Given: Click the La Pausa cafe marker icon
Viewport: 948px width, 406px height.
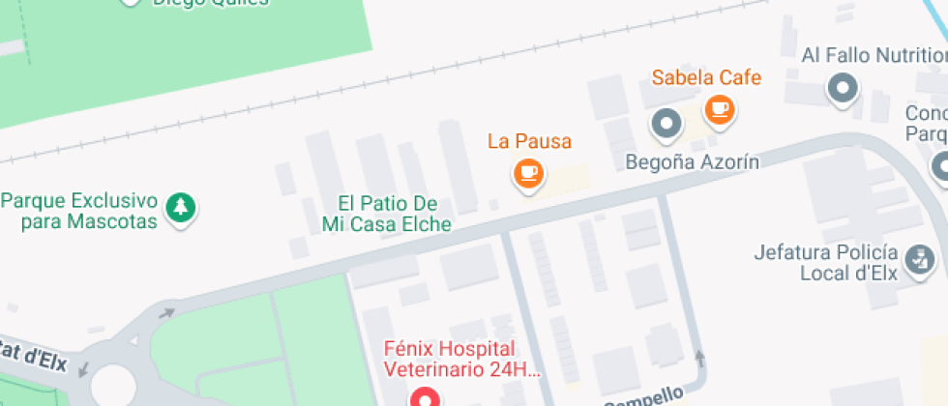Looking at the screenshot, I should point(527,174).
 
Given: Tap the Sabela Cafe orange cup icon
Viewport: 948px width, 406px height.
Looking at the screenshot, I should point(718,108).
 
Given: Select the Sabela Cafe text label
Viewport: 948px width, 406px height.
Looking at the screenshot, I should point(706,77).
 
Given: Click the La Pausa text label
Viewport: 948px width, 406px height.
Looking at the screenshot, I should point(529,141).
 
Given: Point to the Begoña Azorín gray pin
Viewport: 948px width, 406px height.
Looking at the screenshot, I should point(666,123).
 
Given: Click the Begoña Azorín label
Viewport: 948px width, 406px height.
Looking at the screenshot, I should point(692,160).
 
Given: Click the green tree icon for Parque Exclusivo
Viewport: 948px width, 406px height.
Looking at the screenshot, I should point(180,206).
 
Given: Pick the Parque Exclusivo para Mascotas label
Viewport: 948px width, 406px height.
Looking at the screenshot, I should point(79,211).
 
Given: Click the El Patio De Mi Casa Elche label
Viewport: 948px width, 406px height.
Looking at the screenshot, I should point(387,214).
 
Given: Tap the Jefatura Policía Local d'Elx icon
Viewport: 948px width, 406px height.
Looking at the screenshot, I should point(917,258).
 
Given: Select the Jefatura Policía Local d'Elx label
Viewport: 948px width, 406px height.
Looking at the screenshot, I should point(825,263).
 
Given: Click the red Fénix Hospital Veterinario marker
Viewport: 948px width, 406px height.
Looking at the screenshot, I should point(423,397).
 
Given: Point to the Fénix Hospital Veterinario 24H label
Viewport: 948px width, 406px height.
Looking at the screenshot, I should point(462,358).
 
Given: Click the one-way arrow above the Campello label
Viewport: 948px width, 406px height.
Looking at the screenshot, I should point(700,359).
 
